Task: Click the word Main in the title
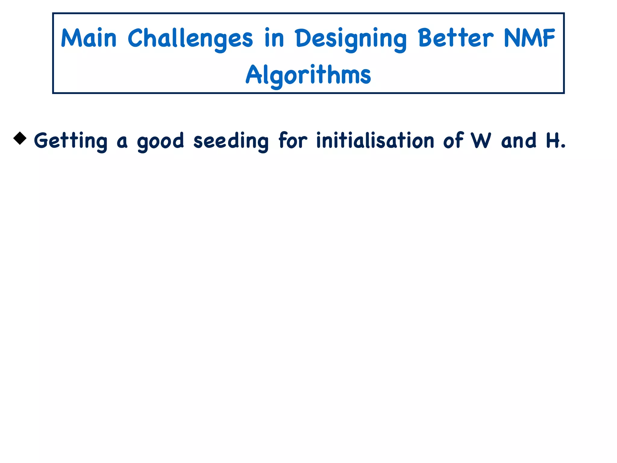pyautogui.click(x=89, y=38)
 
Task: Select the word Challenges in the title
pyautogui.click(x=190, y=39)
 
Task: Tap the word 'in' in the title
pyautogui.click(x=274, y=38)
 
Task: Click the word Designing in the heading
pyautogui.click(x=351, y=39)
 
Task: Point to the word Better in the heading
pyautogui.click(x=456, y=38)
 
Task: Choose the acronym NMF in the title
pyautogui.click(x=529, y=38)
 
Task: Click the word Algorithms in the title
pyautogui.click(x=308, y=75)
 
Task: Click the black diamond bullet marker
pyautogui.click(x=20, y=138)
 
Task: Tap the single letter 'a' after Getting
pyautogui.click(x=122, y=142)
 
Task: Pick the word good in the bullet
pyautogui.click(x=160, y=141)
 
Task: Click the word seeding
pyautogui.click(x=231, y=141)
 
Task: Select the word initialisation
pyautogui.click(x=375, y=140)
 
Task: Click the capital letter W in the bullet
pyautogui.click(x=481, y=140)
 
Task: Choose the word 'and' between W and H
pyautogui.click(x=519, y=140)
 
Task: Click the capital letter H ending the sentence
pyautogui.click(x=553, y=140)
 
